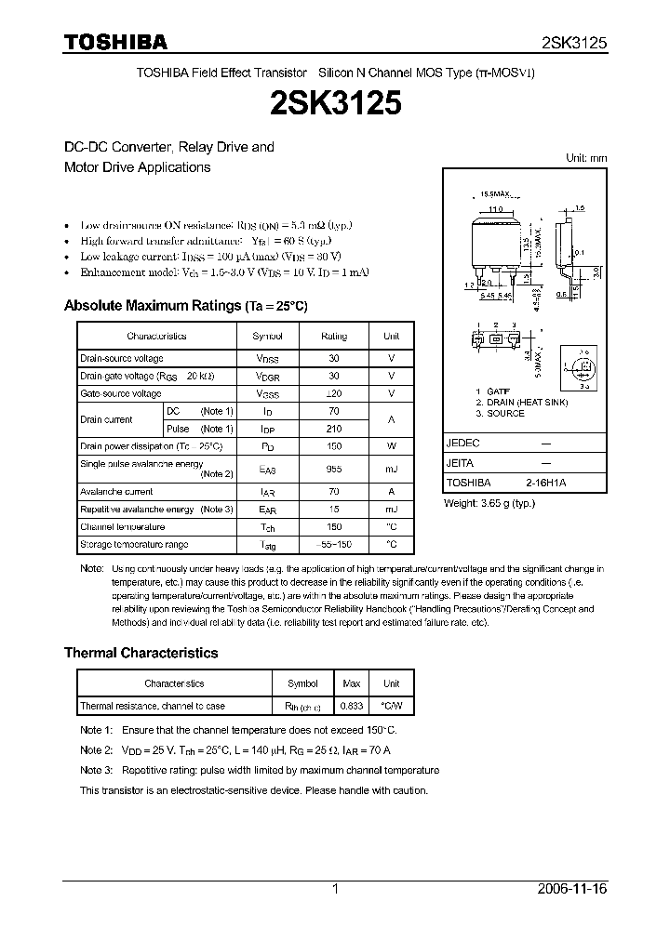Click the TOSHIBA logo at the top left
coord(115,42)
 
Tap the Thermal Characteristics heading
coord(141,653)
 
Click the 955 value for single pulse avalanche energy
coord(334,470)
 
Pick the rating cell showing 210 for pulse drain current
coord(334,429)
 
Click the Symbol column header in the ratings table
coord(267,336)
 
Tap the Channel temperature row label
coord(122,527)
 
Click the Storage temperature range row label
coord(134,544)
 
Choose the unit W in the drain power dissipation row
coord(392,446)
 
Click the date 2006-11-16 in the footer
coord(571,889)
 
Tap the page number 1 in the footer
coord(335,889)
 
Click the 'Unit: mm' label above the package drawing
coord(586,158)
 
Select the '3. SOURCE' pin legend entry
coord(500,413)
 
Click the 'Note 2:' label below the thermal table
coord(96,749)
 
